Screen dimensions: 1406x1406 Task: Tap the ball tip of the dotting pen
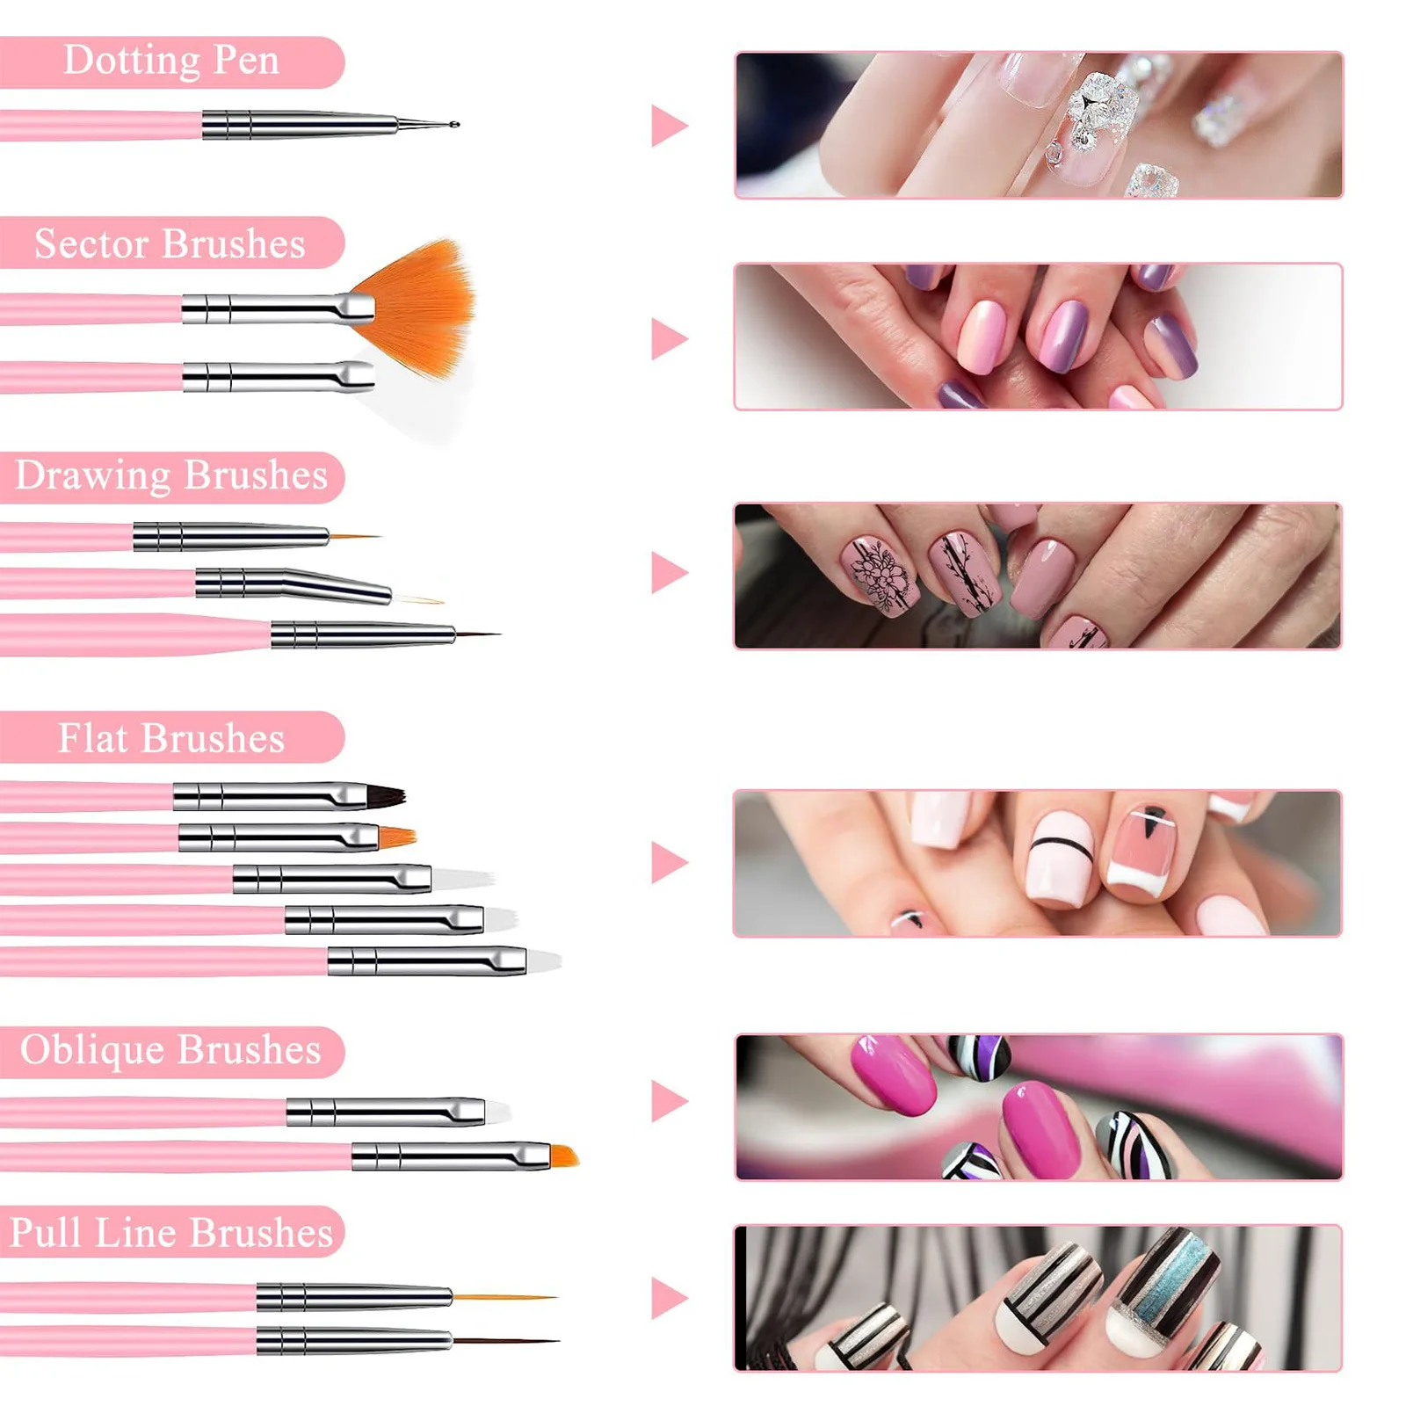coord(454,125)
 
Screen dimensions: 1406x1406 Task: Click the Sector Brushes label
coord(170,243)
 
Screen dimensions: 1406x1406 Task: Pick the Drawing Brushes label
coord(171,475)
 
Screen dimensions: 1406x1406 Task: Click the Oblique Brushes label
coord(170,1050)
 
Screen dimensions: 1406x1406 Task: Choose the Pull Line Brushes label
coord(171,1232)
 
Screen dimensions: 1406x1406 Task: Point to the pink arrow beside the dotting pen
coord(668,126)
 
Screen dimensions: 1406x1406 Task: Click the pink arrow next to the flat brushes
coord(668,862)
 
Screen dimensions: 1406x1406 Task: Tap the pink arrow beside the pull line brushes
coord(668,1298)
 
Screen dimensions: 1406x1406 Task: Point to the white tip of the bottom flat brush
coord(543,960)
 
